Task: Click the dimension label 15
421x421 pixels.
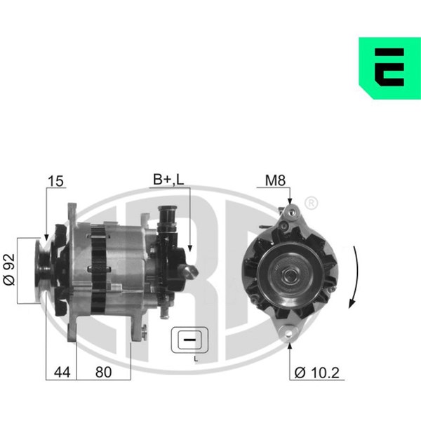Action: click(x=56, y=181)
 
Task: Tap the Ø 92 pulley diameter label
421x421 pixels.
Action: click(x=9, y=269)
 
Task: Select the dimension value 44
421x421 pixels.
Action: click(x=62, y=372)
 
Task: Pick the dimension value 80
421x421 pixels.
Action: click(x=103, y=372)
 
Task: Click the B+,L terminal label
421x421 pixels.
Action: click(x=168, y=180)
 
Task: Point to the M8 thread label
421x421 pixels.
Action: click(x=275, y=180)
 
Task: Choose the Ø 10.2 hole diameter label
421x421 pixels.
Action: click(x=317, y=373)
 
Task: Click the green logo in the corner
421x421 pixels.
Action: click(x=390, y=68)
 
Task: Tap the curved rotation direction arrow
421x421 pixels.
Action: click(x=354, y=277)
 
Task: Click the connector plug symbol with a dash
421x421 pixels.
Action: click(x=189, y=340)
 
